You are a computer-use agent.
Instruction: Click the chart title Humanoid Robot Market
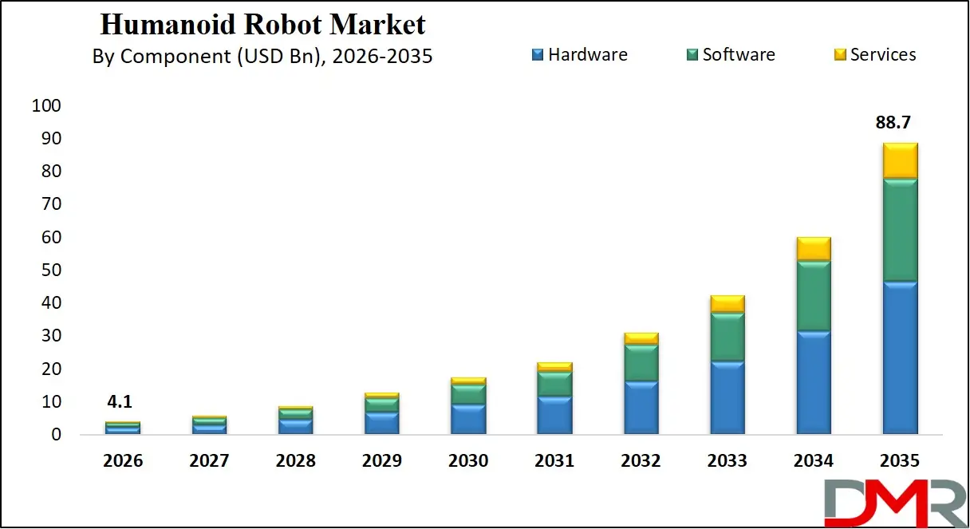click(x=262, y=25)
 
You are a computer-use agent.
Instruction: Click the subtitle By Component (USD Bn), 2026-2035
click(x=262, y=57)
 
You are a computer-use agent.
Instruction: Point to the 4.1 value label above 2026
click(x=123, y=403)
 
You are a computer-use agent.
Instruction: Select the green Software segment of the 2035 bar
click(x=899, y=230)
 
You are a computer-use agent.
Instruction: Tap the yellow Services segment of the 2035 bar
click(x=899, y=160)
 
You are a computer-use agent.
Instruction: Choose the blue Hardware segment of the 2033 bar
click(x=727, y=397)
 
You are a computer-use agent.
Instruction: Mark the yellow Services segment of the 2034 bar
click(x=813, y=248)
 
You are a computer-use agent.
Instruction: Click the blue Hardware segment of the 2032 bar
click(x=641, y=408)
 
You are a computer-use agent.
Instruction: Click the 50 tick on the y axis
click(x=51, y=270)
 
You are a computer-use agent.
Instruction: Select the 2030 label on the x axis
click(x=468, y=461)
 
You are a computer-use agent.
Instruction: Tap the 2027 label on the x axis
click(x=209, y=461)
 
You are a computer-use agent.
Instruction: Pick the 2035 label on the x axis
click(x=899, y=461)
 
